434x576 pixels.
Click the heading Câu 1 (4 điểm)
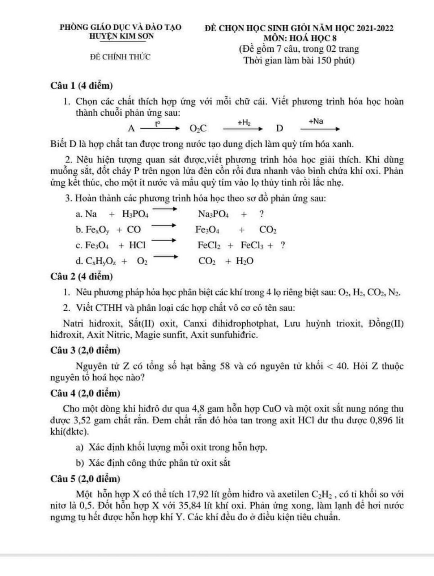(82, 86)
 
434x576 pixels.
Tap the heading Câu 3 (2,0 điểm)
(85, 350)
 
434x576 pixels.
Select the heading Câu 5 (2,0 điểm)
(85, 479)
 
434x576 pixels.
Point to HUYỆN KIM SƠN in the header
(121, 36)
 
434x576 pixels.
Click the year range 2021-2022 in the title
(375, 28)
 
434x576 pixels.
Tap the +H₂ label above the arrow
(244, 123)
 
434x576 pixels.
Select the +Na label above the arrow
(316, 121)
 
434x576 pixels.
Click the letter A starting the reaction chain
(131, 128)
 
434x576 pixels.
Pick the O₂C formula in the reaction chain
(199, 128)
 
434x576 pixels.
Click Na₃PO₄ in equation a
(213, 214)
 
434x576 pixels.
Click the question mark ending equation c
(282, 245)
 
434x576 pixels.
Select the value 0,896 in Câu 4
(373, 421)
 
